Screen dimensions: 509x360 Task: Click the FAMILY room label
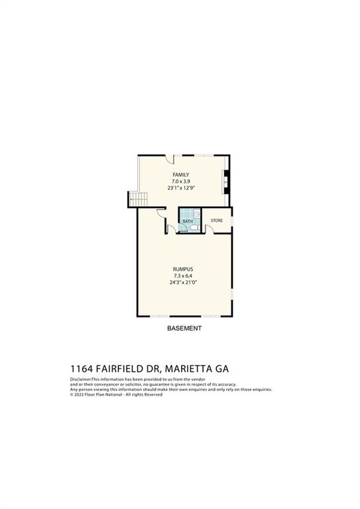[181, 175]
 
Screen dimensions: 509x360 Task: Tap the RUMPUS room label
[182, 269]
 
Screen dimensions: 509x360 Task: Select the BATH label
[187, 221]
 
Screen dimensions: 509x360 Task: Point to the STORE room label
[217, 220]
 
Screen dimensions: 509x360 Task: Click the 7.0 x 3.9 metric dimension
[181, 182]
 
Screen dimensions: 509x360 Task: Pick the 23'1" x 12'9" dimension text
[181, 188]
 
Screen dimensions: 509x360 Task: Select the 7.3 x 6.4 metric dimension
[182, 276]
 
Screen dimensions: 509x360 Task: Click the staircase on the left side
[137, 199]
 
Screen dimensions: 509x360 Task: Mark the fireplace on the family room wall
[226, 180]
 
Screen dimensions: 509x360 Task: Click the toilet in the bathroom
[193, 227]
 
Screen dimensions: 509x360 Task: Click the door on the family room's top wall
[170, 159]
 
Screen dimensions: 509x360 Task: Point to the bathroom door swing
[172, 229]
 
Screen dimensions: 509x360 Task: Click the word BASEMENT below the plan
[183, 328]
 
